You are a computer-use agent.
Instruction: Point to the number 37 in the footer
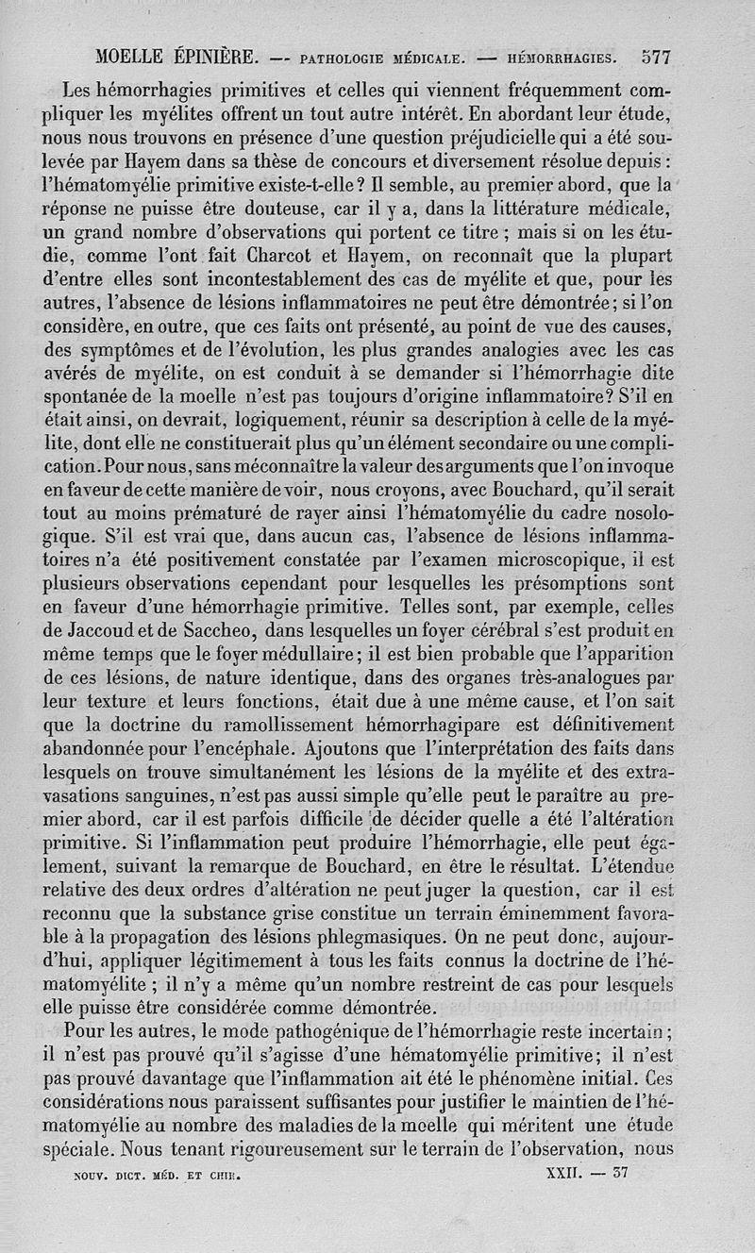pyautogui.click(x=620, y=1174)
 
